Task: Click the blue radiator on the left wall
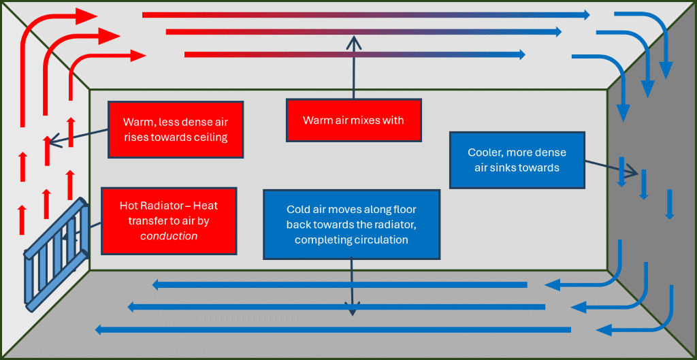pyautogui.click(x=57, y=252)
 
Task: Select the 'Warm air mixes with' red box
pyautogui.click(x=353, y=120)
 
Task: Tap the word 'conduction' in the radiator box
pyautogui.click(x=169, y=236)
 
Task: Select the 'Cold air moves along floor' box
pyautogui.click(x=351, y=224)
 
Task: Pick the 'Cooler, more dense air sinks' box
pyautogui.click(x=517, y=160)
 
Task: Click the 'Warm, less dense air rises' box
pyautogui.click(x=175, y=129)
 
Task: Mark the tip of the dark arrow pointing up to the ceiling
pyautogui.click(x=353, y=38)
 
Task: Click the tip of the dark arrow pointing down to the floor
pyautogui.click(x=352, y=314)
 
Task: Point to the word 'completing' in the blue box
pyautogui.click(x=324, y=240)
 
